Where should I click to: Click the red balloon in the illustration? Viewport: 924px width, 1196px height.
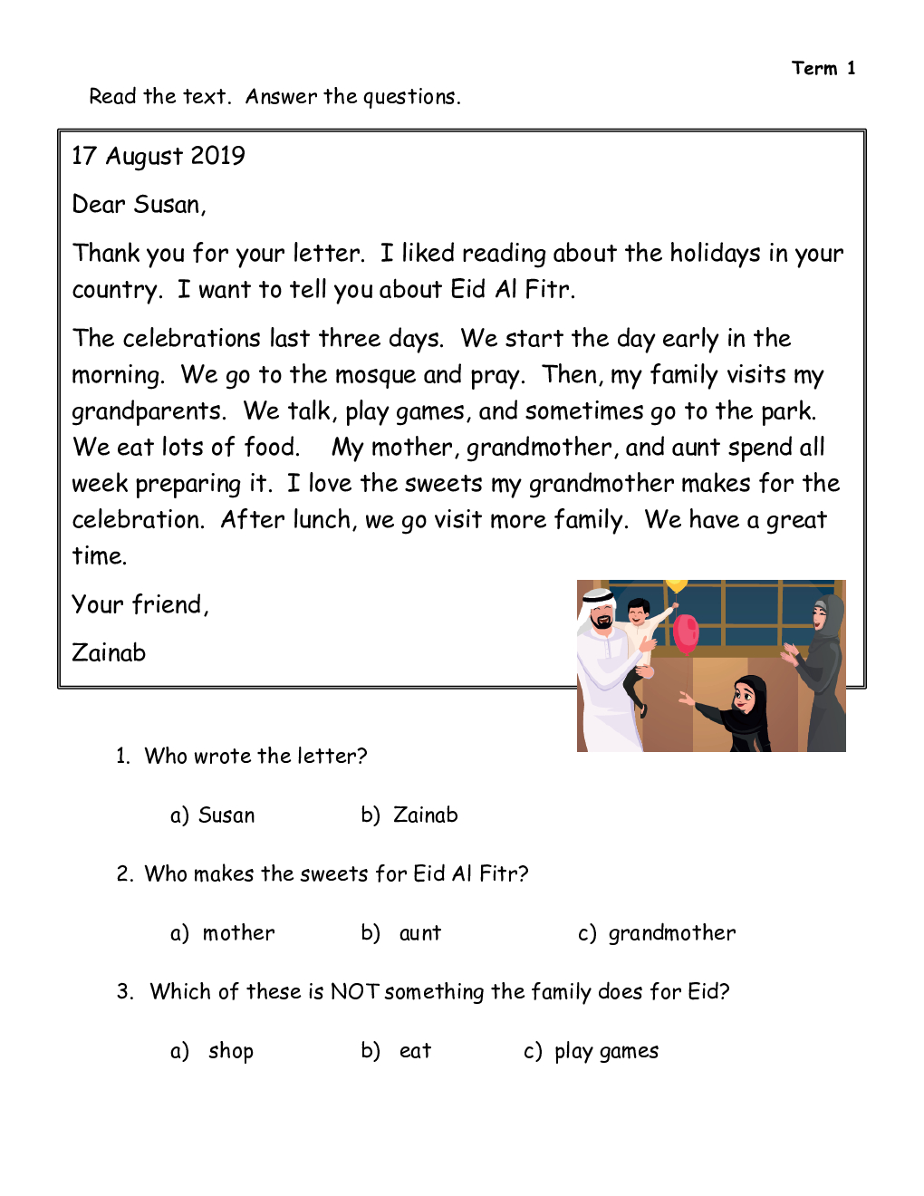point(686,632)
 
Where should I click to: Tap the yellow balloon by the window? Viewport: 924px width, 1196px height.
point(677,585)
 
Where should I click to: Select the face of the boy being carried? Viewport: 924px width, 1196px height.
point(640,613)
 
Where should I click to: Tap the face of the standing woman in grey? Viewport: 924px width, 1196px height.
point(820,618)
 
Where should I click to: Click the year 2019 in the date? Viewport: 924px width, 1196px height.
point(217,156)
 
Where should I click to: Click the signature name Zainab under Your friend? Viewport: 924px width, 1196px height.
point(109,652)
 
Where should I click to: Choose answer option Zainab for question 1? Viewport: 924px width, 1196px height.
point(425,815)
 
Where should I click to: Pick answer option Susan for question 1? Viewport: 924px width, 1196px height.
point(226,815)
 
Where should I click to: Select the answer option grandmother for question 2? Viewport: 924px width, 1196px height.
point(671,933)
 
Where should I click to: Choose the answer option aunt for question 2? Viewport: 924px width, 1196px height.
point(420,933)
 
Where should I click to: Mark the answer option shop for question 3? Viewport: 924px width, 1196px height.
point(231,1051)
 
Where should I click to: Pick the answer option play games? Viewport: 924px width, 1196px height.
point(606,1051)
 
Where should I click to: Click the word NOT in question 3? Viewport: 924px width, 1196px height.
point(354,991)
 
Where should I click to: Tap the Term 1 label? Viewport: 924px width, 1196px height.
point(823,68)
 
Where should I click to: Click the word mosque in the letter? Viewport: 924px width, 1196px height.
point(376,375)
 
